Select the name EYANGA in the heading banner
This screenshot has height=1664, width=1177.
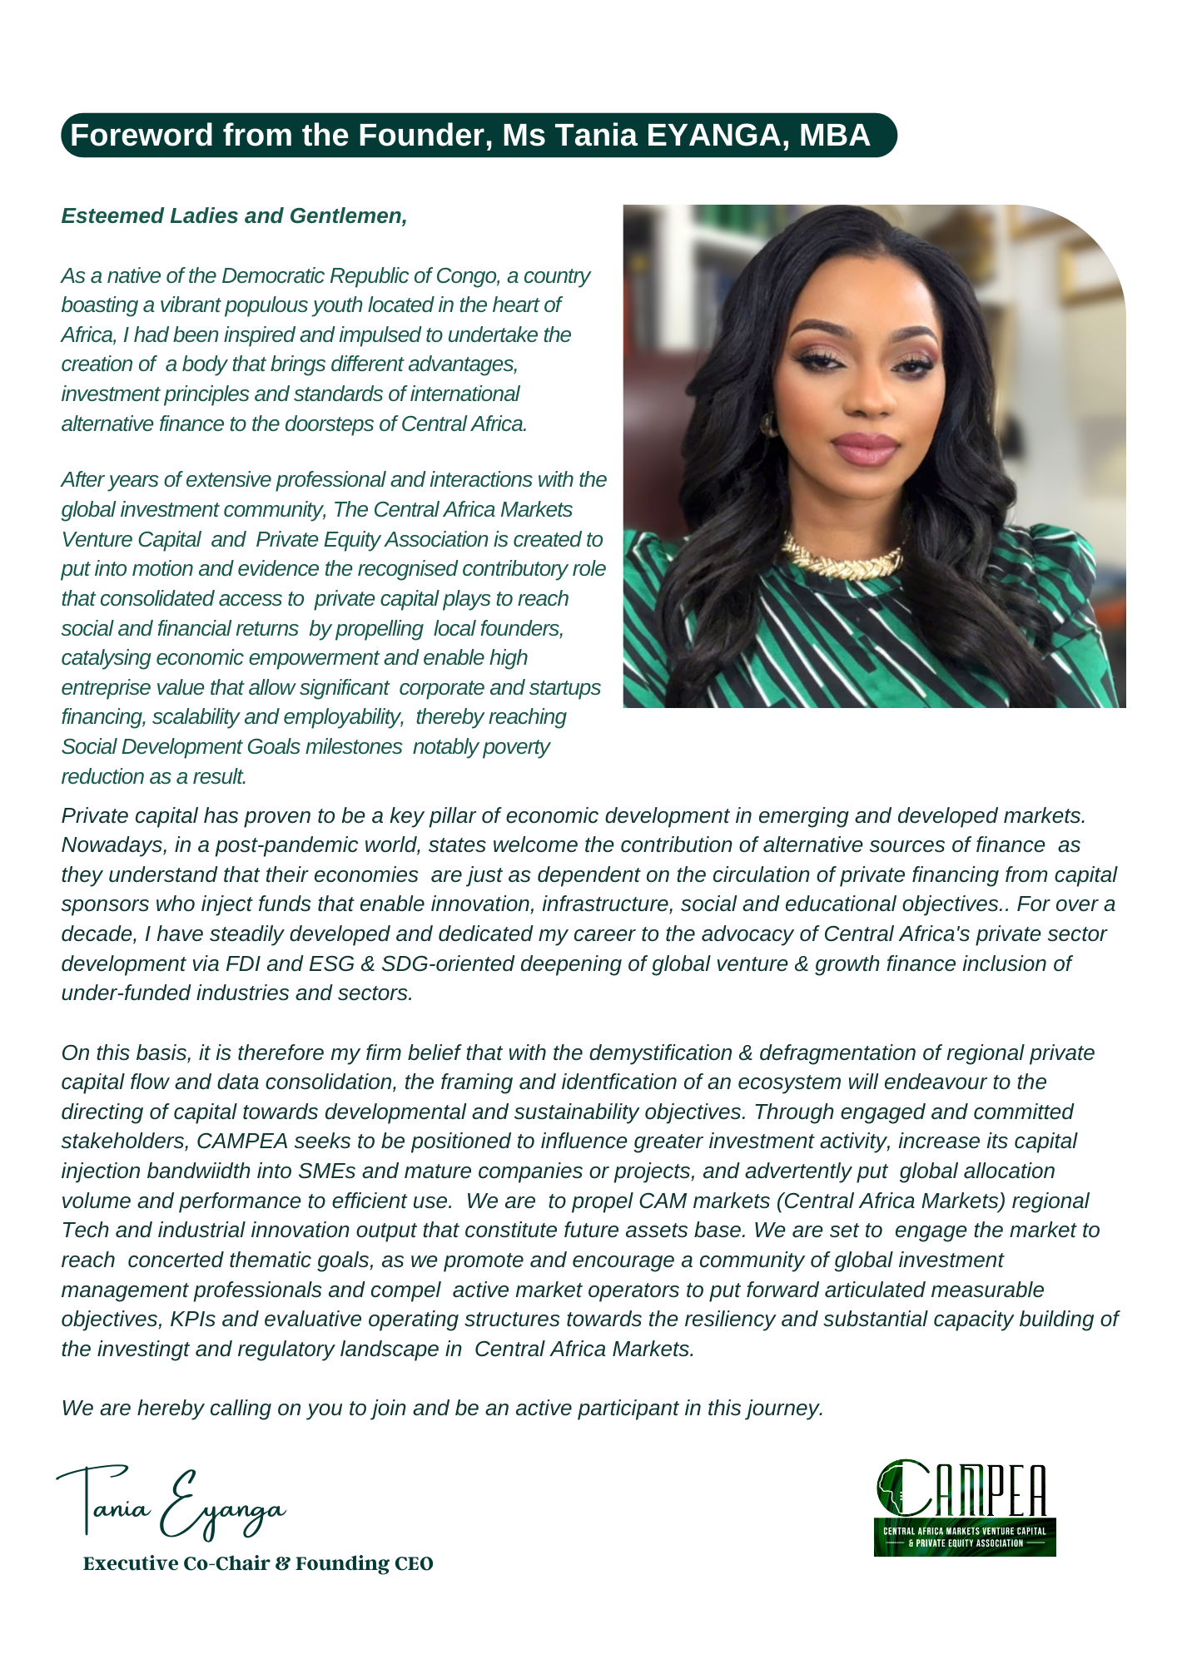tap(713, 136)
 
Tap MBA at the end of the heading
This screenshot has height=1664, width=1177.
tap(835, 136)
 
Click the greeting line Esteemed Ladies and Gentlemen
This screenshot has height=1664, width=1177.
tap(234, 216)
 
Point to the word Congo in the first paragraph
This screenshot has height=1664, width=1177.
tap(466, 276)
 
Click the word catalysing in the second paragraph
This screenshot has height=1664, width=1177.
tap(106, 658)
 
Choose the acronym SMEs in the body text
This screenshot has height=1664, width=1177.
tap(331, 1171)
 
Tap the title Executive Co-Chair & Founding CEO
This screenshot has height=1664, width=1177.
tap(258, 1564)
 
